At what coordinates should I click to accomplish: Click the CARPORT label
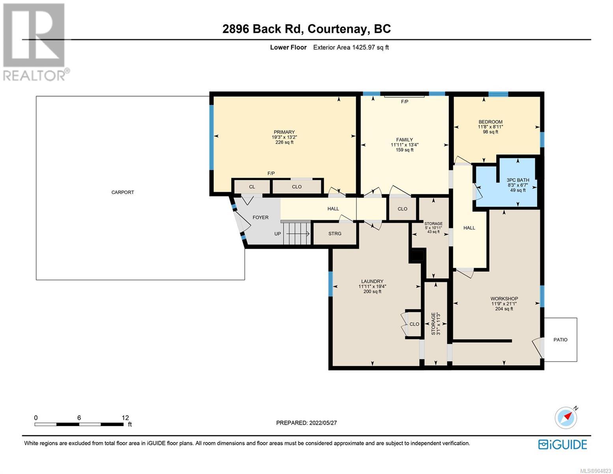coord(122,192)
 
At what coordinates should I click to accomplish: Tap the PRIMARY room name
coord(284,132)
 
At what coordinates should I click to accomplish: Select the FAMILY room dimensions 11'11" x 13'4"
coord(404,145)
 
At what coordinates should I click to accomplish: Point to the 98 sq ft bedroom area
coord(490,132)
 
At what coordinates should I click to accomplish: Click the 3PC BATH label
coord(517,180)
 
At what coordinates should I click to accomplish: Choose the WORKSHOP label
coord(504,299)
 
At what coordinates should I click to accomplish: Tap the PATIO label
coord(560,340)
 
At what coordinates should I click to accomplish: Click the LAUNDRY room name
coord(372,282)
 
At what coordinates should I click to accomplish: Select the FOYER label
coord(261,217)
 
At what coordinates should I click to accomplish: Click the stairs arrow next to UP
coord(298,234)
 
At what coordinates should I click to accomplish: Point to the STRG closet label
coord(335,234)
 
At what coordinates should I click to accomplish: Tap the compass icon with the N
coord(566,418)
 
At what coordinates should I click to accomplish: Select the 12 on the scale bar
coord(125,418)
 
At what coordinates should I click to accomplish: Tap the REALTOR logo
coord(35,42)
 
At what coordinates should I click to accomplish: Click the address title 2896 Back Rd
coord(262,29)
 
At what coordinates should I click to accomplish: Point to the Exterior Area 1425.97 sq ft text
coord(351,47)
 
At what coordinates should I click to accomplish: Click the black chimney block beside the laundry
coord(416,256)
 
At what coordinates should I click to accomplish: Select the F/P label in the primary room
coord(271,173)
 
